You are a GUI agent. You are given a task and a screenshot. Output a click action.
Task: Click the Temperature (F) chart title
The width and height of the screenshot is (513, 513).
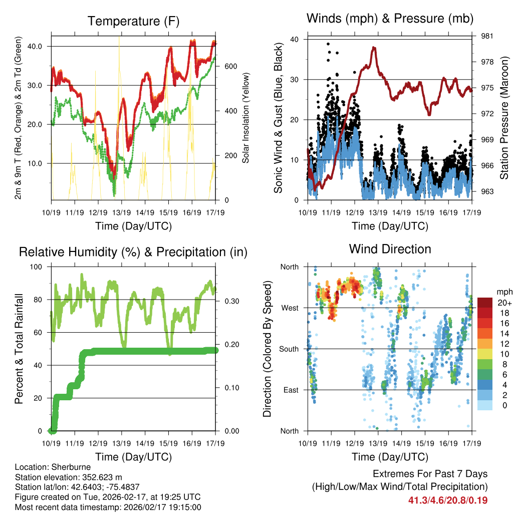pos(133,21)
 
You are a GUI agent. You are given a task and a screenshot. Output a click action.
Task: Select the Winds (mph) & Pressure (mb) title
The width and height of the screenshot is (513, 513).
pos(390,19)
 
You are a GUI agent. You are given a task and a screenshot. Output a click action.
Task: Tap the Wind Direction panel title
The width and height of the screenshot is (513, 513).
pos(390,249)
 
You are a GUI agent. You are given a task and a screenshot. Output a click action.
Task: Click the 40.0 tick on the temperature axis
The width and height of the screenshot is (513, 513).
pos(41,46)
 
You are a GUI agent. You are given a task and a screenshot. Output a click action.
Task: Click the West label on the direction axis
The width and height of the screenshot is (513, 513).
pos(290,308)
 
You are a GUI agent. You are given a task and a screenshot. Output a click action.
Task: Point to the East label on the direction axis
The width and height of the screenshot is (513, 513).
pos(290,390)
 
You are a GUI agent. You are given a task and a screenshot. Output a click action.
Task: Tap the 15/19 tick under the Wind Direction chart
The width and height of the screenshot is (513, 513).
pos(425,443)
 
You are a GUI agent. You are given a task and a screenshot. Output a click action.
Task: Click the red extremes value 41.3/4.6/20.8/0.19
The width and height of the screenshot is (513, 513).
pos(448,500)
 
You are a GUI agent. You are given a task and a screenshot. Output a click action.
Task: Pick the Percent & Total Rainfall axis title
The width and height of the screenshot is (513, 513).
pos(20,349)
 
